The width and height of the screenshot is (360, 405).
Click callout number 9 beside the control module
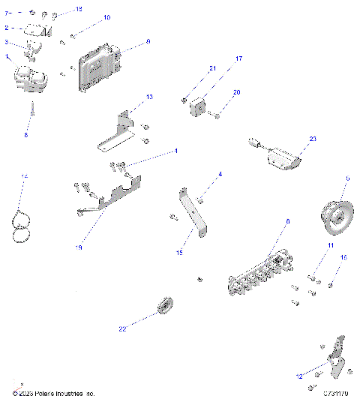(x=148, y=42)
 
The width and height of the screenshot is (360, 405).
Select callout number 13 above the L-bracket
(x=148, y=97)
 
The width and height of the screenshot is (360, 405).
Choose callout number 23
(x=313, y=139)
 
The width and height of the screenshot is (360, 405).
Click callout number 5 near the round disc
(x=347, y=178)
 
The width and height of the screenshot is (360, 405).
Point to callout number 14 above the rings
(x=24, y=176)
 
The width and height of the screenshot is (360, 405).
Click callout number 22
(x=121, y=327)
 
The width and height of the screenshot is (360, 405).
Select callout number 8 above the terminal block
(x=286, y=222)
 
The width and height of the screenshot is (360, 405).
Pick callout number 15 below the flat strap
(x=180, y=253)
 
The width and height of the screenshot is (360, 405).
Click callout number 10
(x=106, y=16)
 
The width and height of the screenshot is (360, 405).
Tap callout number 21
(x=211, y=69)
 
